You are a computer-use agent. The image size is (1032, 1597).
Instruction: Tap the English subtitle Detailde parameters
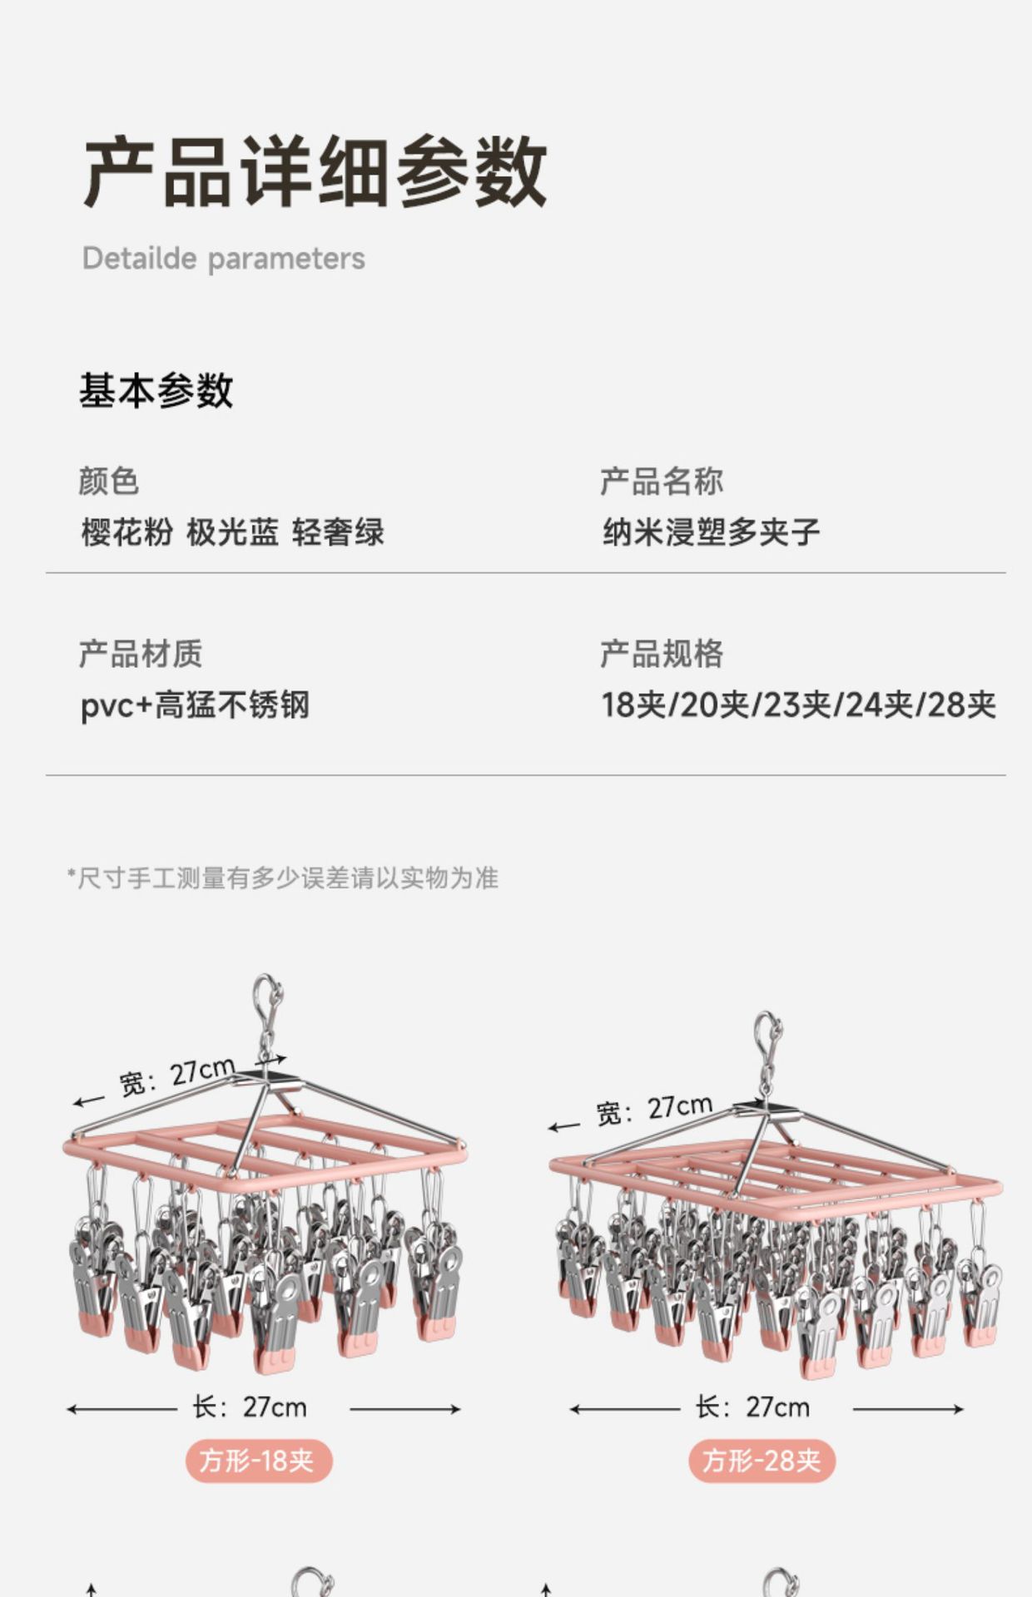pyautogui.click(x=223, y=259)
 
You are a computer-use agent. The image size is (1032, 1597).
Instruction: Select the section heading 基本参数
pyautogui.click(x=156, y=390)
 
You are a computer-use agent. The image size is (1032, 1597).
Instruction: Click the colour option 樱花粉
pyautogui.click(x=127, y=532)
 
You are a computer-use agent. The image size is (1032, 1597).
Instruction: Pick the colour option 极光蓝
pyautogui.click(x=232, y=532)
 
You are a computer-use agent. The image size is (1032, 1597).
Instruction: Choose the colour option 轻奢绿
pyautogui.click(x=338, y=532)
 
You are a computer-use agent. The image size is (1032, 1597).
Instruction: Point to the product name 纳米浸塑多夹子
pyautogui.click(x=711, y=532)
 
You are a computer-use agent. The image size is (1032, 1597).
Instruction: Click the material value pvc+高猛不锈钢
pyautogui.click(x=195, y=705)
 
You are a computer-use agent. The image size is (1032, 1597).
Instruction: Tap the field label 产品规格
pyautogui.click(x=662, y=654)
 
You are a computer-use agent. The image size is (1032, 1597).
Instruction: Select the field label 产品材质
pyautogui.click(x=141, y=654)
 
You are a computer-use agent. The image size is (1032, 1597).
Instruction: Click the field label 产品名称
pyautogui.click(x=662, y=482)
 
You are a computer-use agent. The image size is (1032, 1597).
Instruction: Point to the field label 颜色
pyautogui.click(x=109, y=482)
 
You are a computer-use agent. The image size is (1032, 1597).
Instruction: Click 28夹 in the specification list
pyautogui.click(x=961, y=705)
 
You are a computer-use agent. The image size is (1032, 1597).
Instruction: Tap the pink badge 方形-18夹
pyautogui.click(x=258, y=1461)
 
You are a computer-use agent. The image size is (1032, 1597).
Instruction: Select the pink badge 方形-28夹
pyautogui.click(x=762, y=1461)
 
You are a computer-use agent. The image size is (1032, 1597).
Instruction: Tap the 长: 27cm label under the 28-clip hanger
pyautogui.click(x=752, y=1407)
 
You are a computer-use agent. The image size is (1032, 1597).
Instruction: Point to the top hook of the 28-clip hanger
pyautogui.click(x=768, y=1036)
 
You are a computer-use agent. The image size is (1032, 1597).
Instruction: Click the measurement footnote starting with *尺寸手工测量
pyautogui.click(x=283, y=878)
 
